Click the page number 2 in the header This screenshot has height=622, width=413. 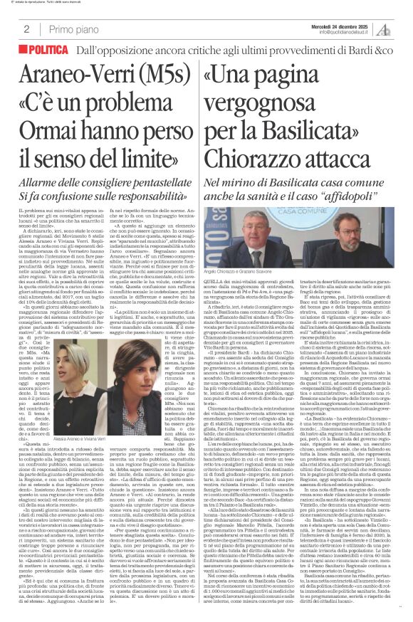click(26, 29)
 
